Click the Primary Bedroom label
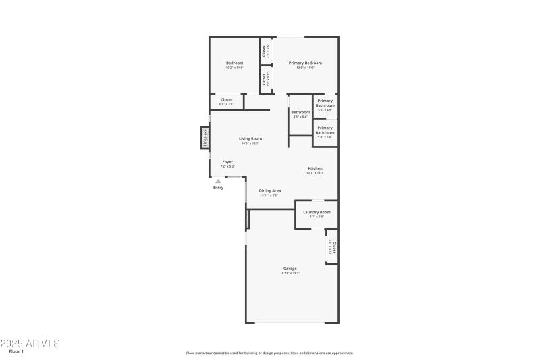point(305,63)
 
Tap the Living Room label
point(250,138)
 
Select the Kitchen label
point(315,168)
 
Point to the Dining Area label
point(270,190)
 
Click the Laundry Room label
point(317,212)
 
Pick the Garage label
point(290,269)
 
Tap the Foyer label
point(227,161)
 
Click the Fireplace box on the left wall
point(205,137)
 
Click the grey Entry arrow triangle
point(218,181)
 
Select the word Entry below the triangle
point(218,188)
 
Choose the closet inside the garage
point(333,247)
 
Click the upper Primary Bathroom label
point(325,103)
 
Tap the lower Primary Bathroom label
point(325,130)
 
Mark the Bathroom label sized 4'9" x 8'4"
point(300,112)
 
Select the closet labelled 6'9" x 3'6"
point(226,100)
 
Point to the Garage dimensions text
point(290,273)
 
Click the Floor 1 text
point(17,352)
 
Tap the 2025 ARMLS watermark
point(30,343)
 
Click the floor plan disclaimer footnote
point(269,353)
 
